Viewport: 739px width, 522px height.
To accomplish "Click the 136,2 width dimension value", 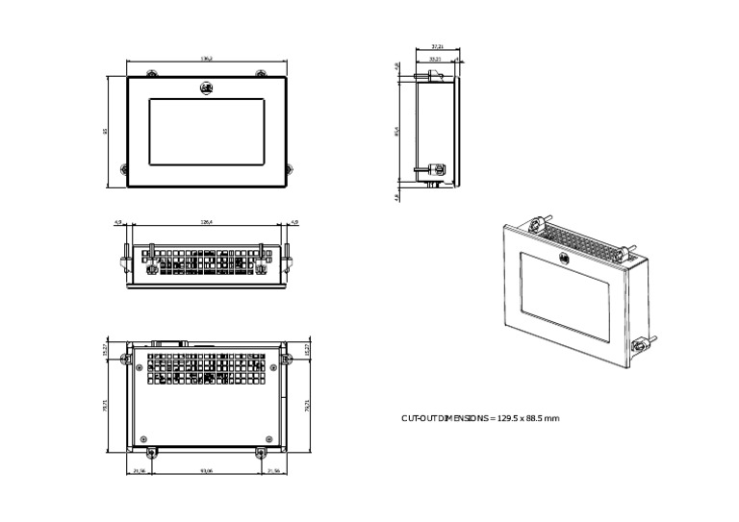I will tap(206, 59).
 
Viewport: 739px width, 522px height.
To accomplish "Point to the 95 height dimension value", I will tap(106, 132).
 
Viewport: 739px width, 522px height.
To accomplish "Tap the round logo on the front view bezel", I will tap(206, 88).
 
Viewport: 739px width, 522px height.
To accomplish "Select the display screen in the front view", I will tap(206, 132).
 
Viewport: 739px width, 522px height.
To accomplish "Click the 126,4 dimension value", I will tap(206, 222).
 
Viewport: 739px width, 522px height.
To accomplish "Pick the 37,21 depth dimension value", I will tap(437, 46).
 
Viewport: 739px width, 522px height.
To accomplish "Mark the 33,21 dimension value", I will tap(434, 59).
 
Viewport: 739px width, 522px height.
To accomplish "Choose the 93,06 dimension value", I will tap(206, 471).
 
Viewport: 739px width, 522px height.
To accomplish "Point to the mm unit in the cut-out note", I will tap(553, 418).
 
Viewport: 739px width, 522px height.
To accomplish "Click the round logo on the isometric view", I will tap(564, 258).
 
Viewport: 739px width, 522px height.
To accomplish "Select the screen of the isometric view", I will tap(565, 294).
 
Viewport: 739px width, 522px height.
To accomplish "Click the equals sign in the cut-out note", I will tap(493, 418).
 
